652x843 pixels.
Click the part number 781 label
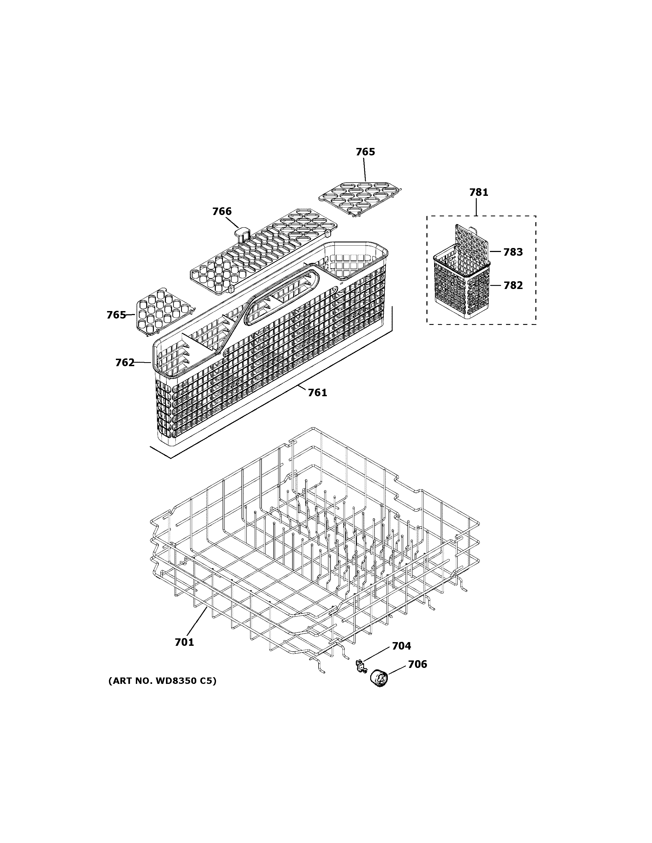pos(479,192)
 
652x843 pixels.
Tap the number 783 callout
pos(513,252)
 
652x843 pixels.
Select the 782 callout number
pos(513,285)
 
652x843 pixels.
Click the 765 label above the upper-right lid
pos(365,152)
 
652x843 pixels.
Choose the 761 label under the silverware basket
pos(317,393)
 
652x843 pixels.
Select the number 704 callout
pos(402,646)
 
